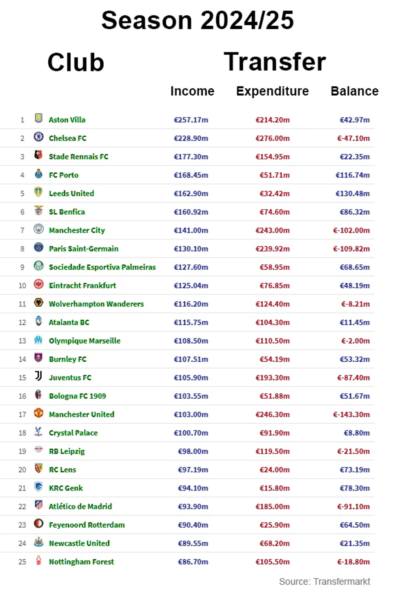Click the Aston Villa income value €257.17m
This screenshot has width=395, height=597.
[191, 120]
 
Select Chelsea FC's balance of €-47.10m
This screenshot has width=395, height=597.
[353, 138]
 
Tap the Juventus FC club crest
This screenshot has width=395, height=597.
[38, 376]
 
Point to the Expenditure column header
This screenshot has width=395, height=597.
[272, 91]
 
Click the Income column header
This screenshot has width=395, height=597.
[192, 91]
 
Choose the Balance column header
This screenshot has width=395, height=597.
[354, 91]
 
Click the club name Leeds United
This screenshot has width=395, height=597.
[71, 194]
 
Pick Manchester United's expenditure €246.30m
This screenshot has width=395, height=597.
[272, 414]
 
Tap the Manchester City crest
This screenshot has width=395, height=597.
[38, 229]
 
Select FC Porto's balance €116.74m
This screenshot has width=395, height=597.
[353, 175]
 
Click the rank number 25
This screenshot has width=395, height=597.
[22, 562]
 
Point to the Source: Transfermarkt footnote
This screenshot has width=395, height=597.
[324, 581]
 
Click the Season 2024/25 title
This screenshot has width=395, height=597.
[198, 20]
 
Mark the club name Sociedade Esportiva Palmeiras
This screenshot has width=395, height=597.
[102, 267]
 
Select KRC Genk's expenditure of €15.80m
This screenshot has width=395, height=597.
[274, 488]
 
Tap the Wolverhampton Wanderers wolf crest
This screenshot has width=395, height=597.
[38, 302]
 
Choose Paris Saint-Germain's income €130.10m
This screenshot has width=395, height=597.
[191, 249]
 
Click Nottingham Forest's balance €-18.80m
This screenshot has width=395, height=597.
[353, 562]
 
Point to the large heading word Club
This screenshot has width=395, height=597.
[76, 62]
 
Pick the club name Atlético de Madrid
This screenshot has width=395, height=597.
[80, 506]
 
